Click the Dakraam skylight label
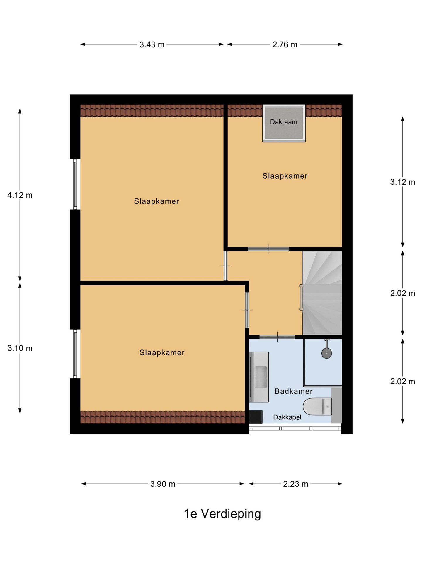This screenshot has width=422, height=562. coord(283,122)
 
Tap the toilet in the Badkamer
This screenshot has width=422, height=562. coord(317,407)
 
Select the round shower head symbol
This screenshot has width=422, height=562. coord(326,353)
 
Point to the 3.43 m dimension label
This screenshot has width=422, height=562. coord(152,44)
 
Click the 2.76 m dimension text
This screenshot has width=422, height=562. coord(285,44)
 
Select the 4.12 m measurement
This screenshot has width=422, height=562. coord(20,195)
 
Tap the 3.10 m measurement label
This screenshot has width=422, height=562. coord(20,348)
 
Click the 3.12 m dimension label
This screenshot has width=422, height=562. coord(402,182)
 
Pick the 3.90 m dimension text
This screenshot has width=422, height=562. coord(163,484)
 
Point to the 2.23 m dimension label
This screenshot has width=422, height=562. coord(295,484)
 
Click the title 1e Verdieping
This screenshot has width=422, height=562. coord(222,514)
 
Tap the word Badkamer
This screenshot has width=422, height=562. coord(294,391)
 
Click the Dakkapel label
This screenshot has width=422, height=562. coord(287,417)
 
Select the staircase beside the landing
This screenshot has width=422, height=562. coord(322,293)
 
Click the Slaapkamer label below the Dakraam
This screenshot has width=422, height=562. coord(285,176)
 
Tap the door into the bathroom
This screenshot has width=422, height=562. coord(277,337)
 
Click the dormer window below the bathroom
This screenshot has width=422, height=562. coord(295,429)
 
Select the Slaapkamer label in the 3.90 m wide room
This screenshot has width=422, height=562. coord(162,353)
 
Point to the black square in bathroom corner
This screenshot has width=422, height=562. coord(256,417)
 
